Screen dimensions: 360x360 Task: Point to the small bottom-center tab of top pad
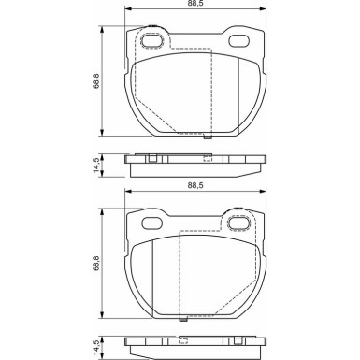coord(208,137)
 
